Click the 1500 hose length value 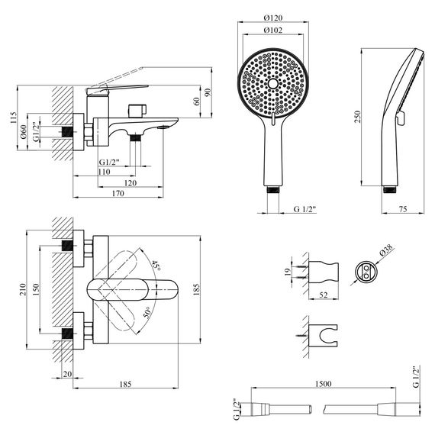pyautogui.click(x=322, y=387)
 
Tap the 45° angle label pyautogui.click(x=156, y=267)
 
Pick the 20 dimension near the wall pyautogui.click(x=66, y=373)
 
